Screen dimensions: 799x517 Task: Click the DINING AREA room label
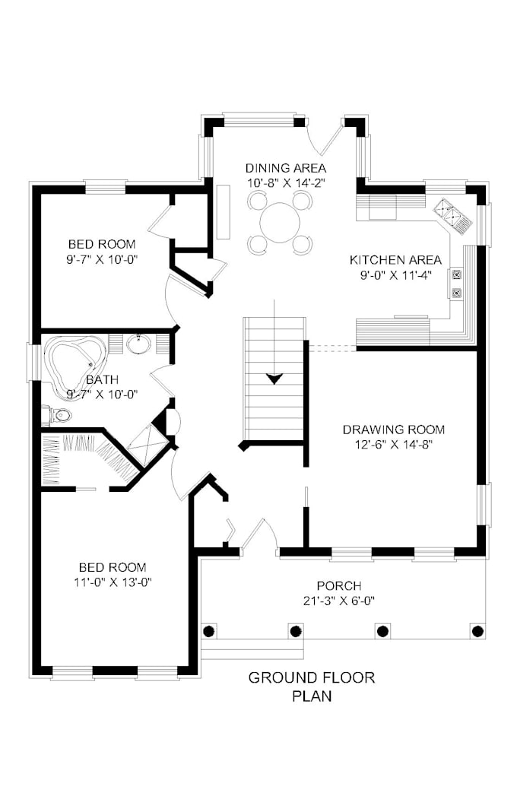pos(285,167)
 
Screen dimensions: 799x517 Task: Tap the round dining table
pos(281,223)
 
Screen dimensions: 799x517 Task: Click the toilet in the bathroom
pos(58,415)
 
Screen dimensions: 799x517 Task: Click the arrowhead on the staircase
pos(274,378)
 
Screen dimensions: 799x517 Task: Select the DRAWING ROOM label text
pos(393,429)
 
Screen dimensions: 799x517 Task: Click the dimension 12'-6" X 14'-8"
pos(393,444)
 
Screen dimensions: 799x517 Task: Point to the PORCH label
pos(339,586)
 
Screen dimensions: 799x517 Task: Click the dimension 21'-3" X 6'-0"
pos(339,601)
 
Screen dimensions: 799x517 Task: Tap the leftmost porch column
pos(209,630)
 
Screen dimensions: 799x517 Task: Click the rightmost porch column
pos(477,630)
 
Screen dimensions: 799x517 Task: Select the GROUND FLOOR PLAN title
pos(312,686)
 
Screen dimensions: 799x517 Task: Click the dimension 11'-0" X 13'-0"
pos(112,582)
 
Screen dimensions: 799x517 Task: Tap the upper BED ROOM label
pos(102,244)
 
